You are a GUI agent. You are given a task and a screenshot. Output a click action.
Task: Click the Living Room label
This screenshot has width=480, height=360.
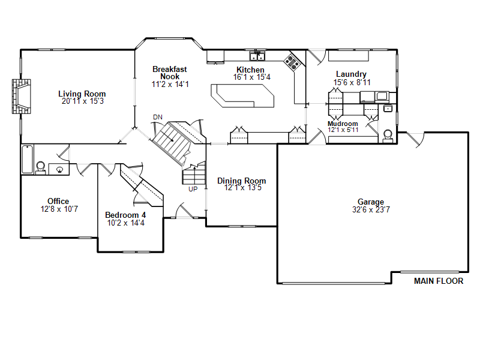(x=82, y=94)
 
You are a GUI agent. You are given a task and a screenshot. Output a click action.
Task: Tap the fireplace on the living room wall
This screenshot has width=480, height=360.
(x=22, y=97)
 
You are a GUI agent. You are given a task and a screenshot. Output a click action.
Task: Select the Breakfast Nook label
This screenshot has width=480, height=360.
(x=170, y=73)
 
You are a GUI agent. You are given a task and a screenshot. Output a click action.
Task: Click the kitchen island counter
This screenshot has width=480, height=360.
(x=242, y=95)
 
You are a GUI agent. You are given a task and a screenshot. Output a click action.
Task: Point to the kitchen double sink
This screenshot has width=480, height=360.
(x=257, y=56)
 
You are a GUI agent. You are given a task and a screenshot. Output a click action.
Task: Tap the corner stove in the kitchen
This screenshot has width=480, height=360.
(x=292, y=62)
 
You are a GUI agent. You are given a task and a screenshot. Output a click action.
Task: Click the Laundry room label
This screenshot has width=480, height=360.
(x=351, y=74)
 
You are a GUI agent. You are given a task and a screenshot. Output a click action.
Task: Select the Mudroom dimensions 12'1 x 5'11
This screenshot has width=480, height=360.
(x=343, y=130)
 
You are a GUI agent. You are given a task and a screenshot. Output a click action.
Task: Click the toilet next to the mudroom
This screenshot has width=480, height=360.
(x=388, y=136)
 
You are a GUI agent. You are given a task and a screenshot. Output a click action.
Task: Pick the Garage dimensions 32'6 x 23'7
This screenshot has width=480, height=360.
(x=371, y=209)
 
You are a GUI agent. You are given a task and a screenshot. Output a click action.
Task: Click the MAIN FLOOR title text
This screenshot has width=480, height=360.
(x=439, y=281)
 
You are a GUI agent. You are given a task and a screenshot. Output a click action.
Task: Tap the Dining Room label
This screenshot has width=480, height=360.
(x=242, y=181)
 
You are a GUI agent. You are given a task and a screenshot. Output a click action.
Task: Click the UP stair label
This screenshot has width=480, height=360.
(x=193, y=189)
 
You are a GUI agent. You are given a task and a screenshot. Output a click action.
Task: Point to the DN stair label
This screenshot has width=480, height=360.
(x=158, y=117)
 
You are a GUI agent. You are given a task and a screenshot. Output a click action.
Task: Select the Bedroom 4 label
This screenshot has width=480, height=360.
(x=125, y=215)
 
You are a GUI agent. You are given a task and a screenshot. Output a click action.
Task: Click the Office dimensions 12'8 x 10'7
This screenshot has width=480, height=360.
(x=59, y=209)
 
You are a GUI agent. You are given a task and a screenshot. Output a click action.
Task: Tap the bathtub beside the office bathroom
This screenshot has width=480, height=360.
(x=27, y=159)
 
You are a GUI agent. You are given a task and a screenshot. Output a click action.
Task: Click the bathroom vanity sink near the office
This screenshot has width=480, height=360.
(x=59, y=169)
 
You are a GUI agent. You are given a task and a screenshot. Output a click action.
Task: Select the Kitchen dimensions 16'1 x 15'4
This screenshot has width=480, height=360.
(x=251, y=77)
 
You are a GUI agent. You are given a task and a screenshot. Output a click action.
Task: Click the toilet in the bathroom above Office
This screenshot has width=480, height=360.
(x=40, y=168)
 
